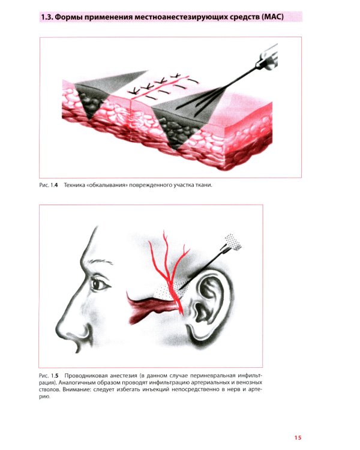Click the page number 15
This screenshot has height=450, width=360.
[298, 437]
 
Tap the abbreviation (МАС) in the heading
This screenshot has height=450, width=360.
[272, 17]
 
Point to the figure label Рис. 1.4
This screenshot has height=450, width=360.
[49, 185]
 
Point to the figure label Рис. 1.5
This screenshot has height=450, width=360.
[49, 376]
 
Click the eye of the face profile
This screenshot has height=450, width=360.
[100, 284]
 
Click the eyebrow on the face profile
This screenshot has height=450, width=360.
[100, 262]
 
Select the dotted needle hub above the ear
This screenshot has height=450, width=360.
[233, 242]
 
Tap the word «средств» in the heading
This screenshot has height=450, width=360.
[245, 17]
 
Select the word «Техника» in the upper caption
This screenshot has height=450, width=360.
[73, 185]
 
